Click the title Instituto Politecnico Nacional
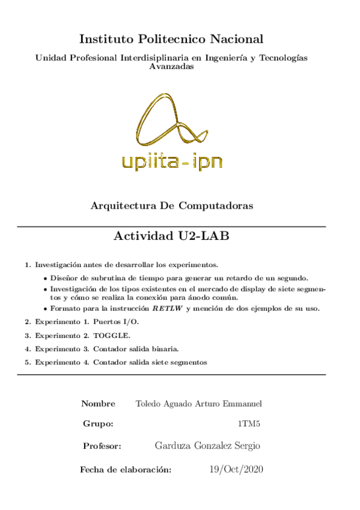(x=171, y=40)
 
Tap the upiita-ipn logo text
(x=171, y=161)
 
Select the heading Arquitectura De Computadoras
(x=171, y=206)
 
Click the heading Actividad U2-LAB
(x=171, y=236)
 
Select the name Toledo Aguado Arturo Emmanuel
(x=199, y=403)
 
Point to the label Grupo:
(x=98, y=424)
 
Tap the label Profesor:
(x=102, y=446)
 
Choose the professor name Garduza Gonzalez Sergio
(x=207, y=446)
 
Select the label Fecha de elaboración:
(x=126, y=469)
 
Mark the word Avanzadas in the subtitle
(x=171, y=67)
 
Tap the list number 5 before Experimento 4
(x=27, y=363)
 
